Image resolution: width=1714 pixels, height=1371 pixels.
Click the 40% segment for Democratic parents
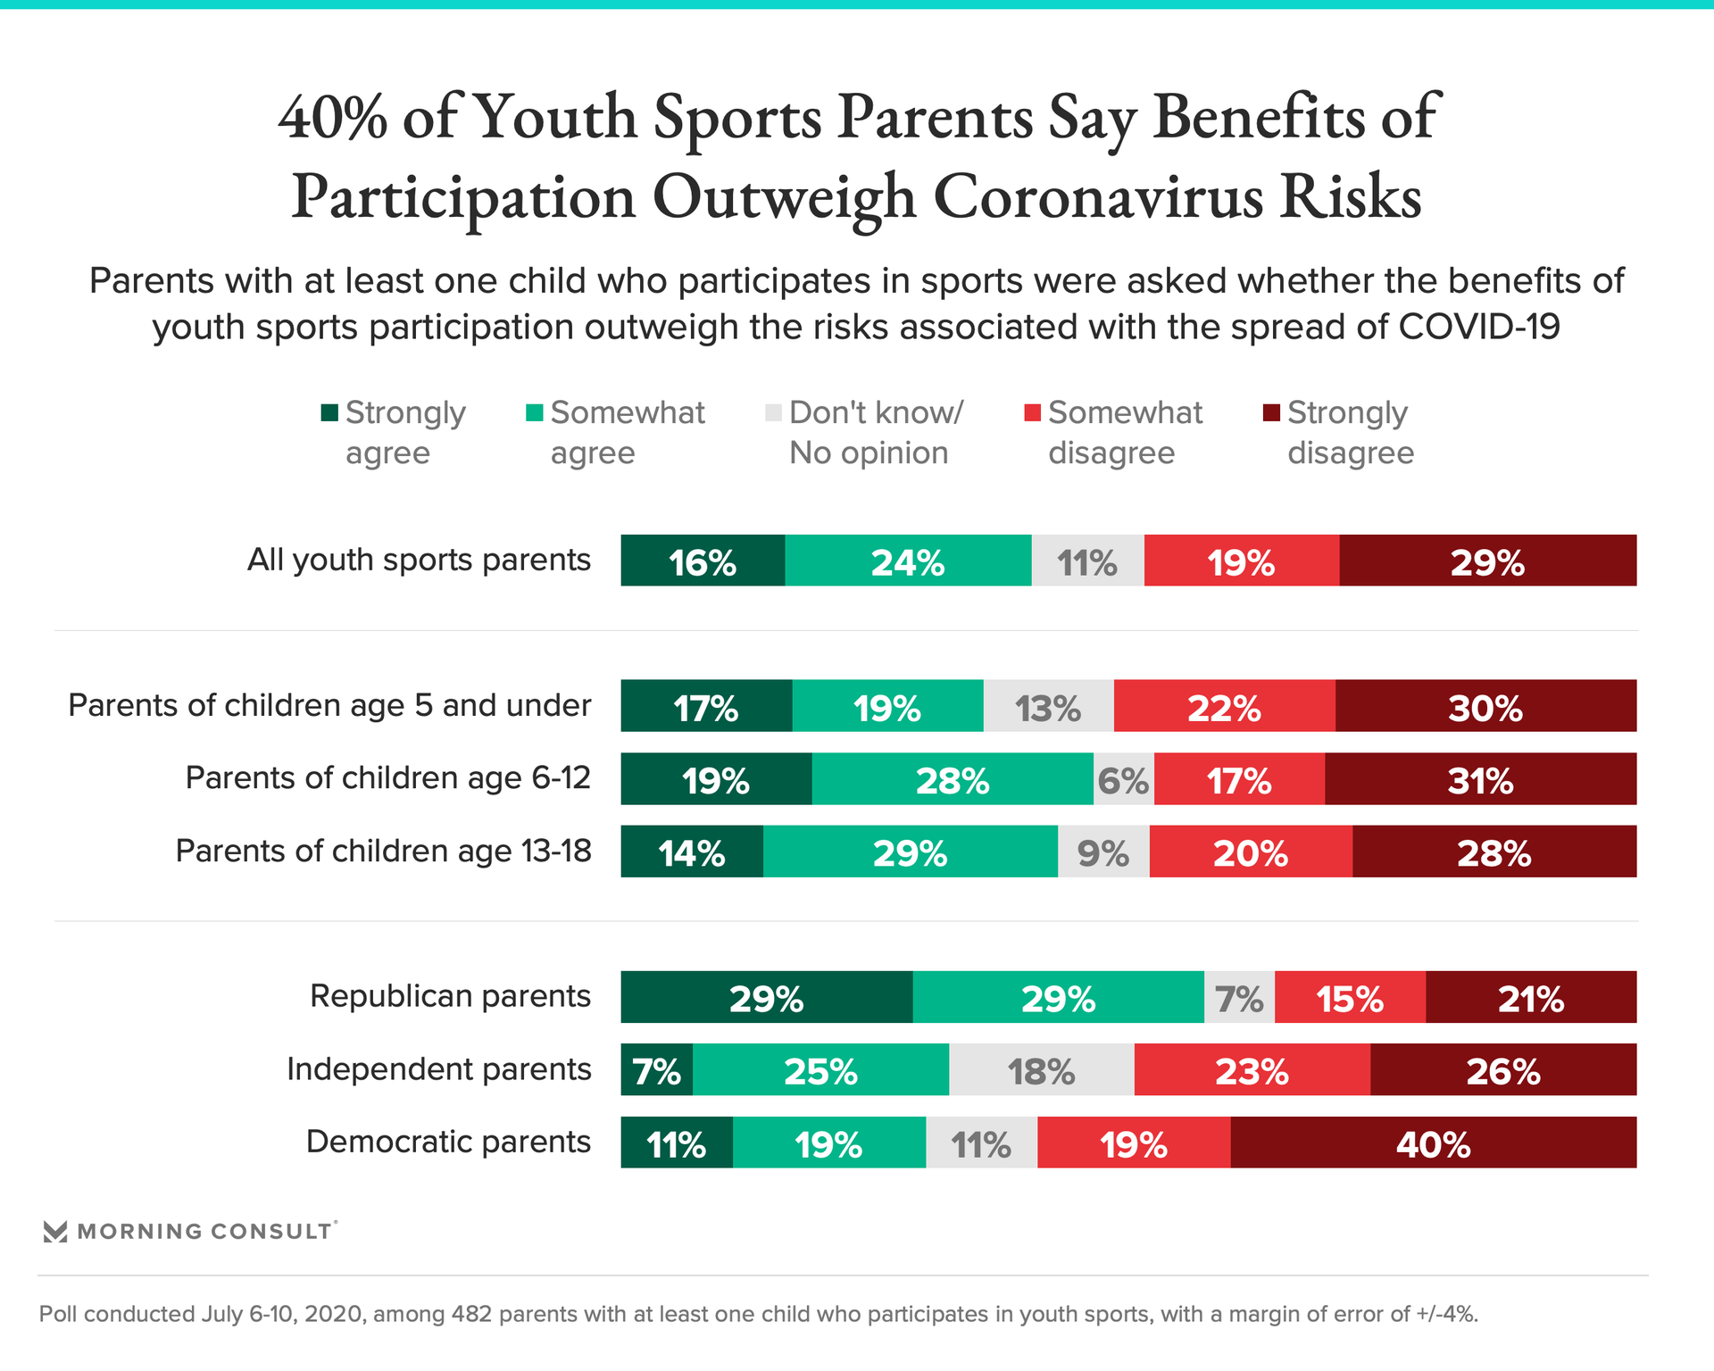1433,1142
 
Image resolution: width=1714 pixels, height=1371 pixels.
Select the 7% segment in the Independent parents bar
657,1069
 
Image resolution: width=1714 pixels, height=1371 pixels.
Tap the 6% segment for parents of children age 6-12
1123,779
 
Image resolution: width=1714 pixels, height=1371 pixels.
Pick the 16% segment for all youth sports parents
703,561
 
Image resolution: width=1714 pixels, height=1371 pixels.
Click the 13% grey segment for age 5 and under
1048,706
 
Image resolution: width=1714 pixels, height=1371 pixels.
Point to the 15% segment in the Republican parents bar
1350,997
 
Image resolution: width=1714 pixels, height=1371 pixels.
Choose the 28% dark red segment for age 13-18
1494,852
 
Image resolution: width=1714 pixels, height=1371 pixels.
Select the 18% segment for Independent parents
1041,1069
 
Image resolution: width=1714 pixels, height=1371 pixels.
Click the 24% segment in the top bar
908,561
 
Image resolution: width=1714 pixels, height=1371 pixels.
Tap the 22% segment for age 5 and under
1224,706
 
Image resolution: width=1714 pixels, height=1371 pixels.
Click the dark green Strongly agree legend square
329,412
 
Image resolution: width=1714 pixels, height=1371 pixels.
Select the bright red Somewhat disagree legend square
1032,412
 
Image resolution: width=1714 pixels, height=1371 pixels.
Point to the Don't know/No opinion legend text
876,433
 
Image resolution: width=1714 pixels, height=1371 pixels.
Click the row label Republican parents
450,996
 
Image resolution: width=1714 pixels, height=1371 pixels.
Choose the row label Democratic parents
448,1142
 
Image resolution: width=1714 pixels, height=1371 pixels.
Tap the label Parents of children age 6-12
387,778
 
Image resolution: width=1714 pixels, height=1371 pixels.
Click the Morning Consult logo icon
55,1232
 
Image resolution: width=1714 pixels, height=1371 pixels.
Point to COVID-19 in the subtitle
1479,327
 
